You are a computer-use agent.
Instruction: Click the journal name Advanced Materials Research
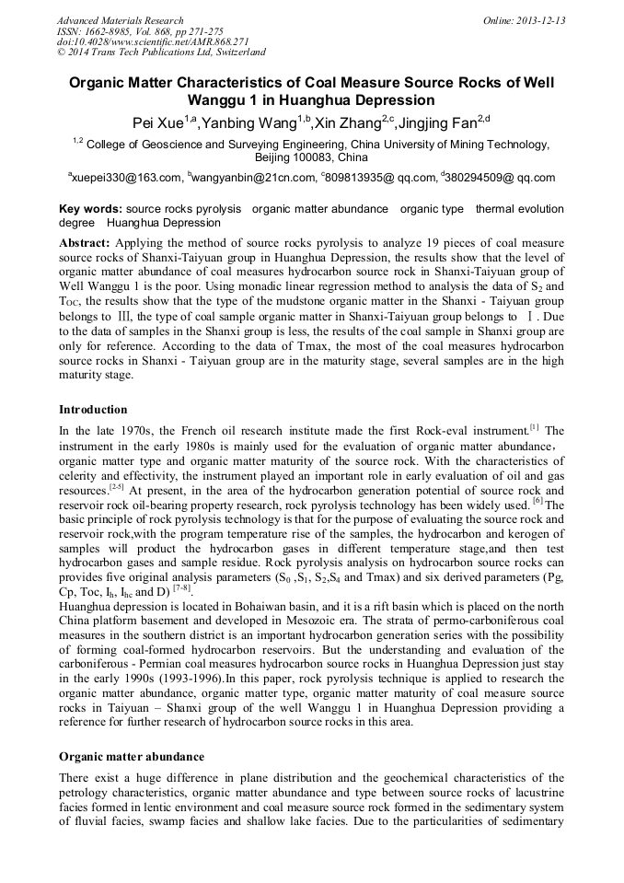pos(120,20)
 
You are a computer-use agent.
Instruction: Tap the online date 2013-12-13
pos(540,20)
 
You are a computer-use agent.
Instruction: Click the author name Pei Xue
pos(154,122)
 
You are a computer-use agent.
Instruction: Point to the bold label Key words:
pos(90,209)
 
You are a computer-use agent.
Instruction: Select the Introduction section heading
pos(93,409)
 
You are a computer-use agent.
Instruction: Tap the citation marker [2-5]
pos(117,486)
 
